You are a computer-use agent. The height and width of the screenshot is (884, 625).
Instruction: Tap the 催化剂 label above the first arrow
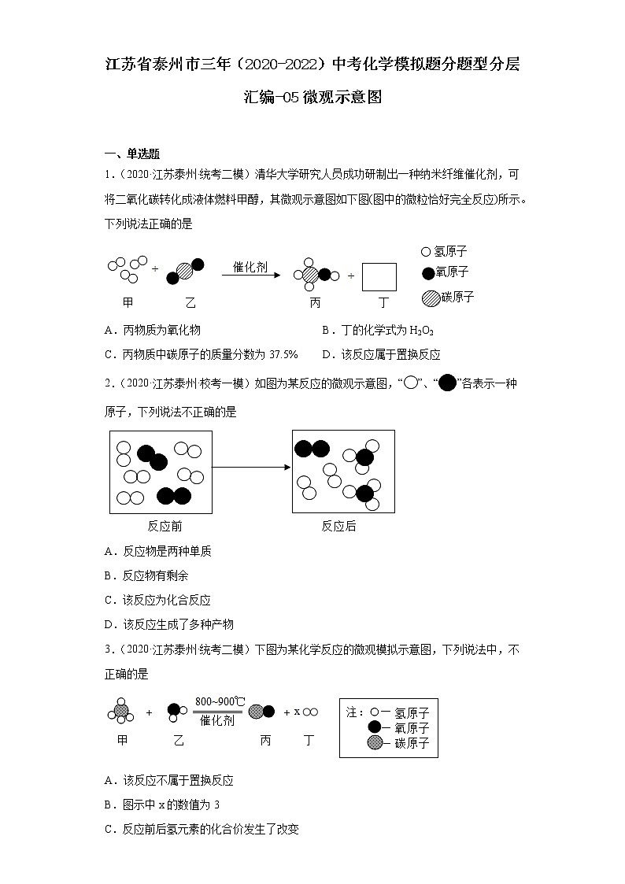[250, 267]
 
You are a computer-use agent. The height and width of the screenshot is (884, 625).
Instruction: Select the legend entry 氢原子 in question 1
[451, 252]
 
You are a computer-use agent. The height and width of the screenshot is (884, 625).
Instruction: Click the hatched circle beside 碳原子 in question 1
[431, 298]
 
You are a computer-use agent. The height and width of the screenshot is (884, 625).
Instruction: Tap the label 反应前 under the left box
[165, 526]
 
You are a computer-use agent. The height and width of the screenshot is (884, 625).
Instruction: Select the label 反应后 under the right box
[338, 526]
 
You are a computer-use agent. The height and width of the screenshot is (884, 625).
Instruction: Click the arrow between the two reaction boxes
[253, 467]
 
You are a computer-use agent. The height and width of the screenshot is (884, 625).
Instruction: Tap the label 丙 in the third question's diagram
[266, 740]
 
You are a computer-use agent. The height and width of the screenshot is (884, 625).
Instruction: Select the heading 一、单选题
[132, 153]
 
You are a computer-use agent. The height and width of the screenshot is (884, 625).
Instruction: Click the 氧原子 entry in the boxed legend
[412, 727]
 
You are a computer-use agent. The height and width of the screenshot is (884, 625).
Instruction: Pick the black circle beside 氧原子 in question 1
[428, 273]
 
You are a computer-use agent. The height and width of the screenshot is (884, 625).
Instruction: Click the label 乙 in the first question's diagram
[190, 302]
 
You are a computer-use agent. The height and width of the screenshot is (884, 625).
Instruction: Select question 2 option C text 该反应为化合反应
[167, 600]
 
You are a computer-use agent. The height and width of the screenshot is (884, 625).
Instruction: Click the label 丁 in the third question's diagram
[309, 740]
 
